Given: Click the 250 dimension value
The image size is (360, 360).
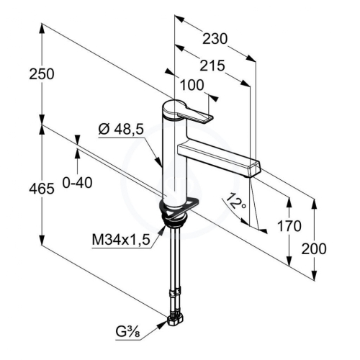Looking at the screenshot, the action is (42, 74).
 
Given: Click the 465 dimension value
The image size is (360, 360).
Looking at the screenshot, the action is (42, 189).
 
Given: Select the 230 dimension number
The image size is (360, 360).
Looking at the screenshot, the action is (215, 39).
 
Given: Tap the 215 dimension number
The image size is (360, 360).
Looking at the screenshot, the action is (212, 66).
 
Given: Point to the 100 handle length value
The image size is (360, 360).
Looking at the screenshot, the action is (192, 85).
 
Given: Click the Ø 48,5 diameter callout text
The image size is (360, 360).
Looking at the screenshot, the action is (121, 130).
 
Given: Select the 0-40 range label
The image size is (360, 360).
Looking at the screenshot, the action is (77, 183).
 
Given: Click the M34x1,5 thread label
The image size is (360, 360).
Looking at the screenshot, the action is (121, 239).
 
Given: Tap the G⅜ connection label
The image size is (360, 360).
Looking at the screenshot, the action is (127, 332).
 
